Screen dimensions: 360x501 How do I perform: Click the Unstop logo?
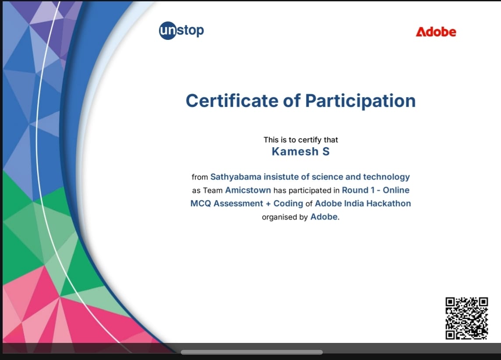click(181, 31)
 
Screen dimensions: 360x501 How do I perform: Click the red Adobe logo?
click(436, 32)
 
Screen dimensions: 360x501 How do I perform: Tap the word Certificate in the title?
click(232, 101)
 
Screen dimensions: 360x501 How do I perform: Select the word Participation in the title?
click(360, 101)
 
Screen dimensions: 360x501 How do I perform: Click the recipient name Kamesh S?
click(300, 152)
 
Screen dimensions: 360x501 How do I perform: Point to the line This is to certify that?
click(300, 140)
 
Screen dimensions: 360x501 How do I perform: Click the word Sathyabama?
click(236, 177)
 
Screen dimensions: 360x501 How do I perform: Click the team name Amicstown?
click(248, 190)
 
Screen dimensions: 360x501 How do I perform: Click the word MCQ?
click(201, 203)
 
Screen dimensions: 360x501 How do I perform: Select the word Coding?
click(288, 203)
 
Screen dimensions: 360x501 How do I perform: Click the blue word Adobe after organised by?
click(324, 217)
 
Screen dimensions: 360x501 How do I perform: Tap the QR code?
click(466, 318)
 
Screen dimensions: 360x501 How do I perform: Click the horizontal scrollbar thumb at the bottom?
click(252, 352)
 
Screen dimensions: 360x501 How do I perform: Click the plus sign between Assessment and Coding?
click(268, 204)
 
